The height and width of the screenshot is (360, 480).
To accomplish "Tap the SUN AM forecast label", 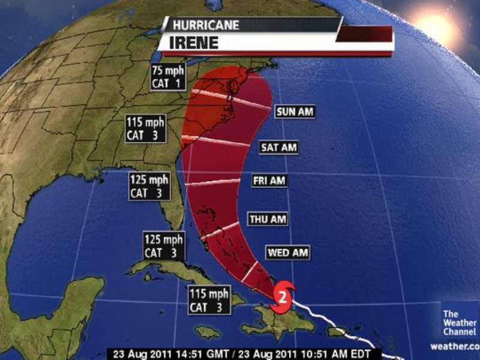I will tap(295, 112).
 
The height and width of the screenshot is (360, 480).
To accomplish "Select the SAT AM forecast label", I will tap(279, 147).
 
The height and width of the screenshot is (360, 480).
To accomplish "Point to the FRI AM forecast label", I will tap(269, 180).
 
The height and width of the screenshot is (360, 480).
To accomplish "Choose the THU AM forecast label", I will tap(267, 219).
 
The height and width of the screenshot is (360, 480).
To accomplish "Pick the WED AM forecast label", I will tap(287, 252).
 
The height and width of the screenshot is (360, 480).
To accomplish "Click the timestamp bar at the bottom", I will tap(240, 353).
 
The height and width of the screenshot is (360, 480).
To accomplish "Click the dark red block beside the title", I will tap(364, 34).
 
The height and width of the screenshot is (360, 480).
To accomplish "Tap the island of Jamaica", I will tap(208, 331).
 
